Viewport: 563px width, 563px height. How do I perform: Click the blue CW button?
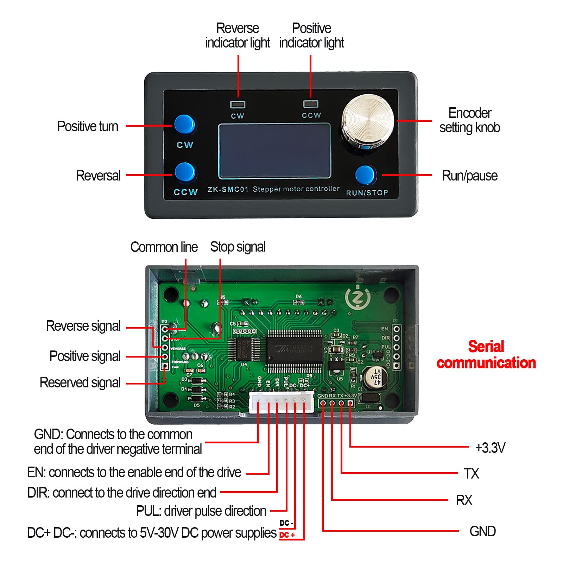pyautogui.click(x=184, y=124)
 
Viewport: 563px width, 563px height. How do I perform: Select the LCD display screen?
pyautogui.click(x=274, y=151)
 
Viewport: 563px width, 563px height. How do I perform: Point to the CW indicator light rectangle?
pyautogui.click(x=238, y=105)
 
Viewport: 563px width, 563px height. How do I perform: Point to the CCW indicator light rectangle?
pyautogui.click(x=311, y=104)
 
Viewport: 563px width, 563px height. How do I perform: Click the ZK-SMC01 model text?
pyautogui.click(x=228, y=189)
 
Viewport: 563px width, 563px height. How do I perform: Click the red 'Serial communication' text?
pyautogui.click(x=486, y=355)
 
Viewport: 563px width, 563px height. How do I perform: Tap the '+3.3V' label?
pyautogui.click(x=490, y=448)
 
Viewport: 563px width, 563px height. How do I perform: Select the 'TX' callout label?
pyautogui.click(x=471, y=473)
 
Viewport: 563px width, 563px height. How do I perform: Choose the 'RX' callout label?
pyautogui.click(x=464, y=500)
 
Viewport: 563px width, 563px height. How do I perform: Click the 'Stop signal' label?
pyautogui.click(x=238, y=247)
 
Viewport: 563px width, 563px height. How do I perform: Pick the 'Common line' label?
pyautogui.click(x=164, y=247)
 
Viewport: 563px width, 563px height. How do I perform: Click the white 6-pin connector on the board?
pyautogui.click(x=281, y=403)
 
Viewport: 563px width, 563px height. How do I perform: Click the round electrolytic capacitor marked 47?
pyautogui.click(x=375, y=378)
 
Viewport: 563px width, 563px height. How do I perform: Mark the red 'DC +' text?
pyautogui.click(x=287, y=535)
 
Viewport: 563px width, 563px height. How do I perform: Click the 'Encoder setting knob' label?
pyautogui.click(x=469, y=120)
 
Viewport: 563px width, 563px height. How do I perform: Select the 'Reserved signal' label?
pyautogui.click(x=80, y=382)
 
